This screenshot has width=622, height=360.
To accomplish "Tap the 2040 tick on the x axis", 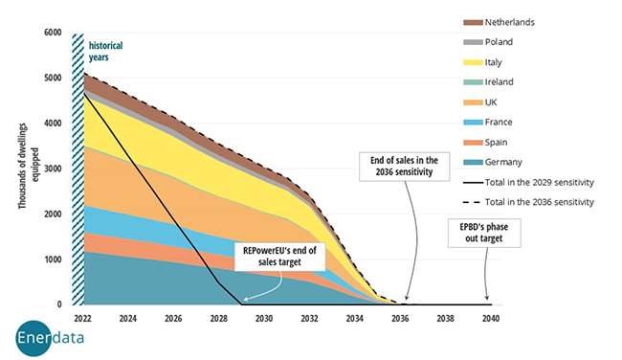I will point(491,317).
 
